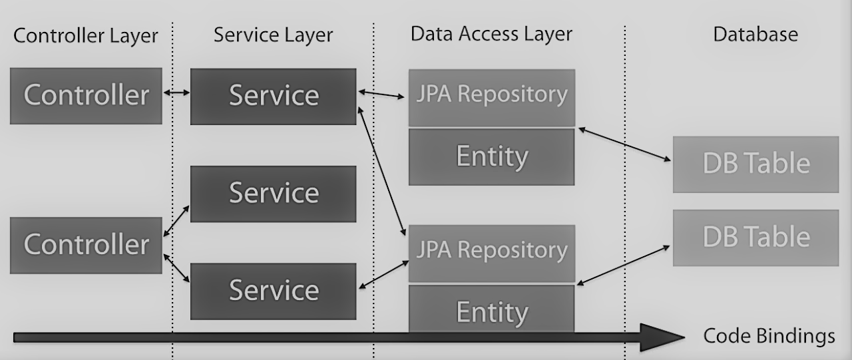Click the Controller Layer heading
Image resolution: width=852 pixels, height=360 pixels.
(86, 35)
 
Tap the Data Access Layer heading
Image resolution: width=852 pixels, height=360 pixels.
(491, 34)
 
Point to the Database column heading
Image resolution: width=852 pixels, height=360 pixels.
(755, 34)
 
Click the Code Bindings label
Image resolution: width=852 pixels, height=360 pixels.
(769, 336)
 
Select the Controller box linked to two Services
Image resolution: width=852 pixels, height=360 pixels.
(86, 245)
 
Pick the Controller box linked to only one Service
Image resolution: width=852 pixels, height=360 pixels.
(86, 96)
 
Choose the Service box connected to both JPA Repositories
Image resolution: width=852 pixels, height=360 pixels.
(273, 96)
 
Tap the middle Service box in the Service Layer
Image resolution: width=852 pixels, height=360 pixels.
(273, 194)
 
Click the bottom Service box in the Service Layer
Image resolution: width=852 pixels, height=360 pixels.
(273, 291)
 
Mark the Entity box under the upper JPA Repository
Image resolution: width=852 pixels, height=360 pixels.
(491, 157)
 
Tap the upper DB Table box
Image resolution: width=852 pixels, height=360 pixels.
(755, 164)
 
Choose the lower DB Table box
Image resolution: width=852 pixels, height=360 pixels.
(755, 238)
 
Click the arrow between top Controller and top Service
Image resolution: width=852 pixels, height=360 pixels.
(176, 94)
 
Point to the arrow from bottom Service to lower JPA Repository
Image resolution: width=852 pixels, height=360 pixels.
(384, 275)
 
